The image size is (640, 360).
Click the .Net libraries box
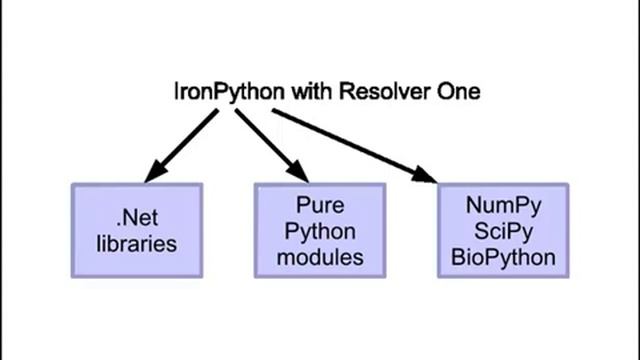[x=136, y=230]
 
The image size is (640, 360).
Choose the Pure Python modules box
[x=320, y=230]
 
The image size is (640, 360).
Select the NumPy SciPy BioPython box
[x=503, y=230]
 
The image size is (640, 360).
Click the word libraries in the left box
[x=137, y=243]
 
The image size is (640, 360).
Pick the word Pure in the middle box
[x=320, y=205]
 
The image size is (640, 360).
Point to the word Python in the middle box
[x=320, y=230]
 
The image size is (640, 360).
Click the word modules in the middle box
[x=320, y=256]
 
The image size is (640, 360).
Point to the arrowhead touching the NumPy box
[x=426, y=176]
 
